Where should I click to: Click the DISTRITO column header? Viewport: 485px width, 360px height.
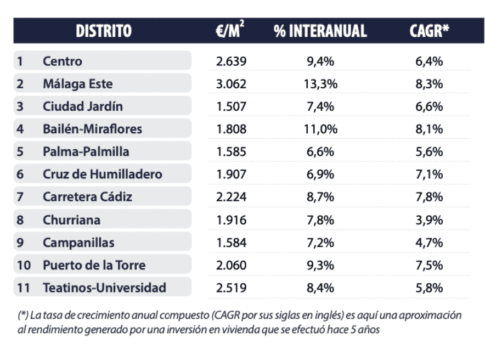(x=104, y=31)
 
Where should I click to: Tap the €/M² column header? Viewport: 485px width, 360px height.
(x=230, y=31)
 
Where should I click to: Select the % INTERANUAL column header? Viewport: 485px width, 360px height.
(x=320, y=31)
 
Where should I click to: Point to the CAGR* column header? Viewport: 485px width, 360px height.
(x=429, y=31)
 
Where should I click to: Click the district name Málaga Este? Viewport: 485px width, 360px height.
(x=78, y=84)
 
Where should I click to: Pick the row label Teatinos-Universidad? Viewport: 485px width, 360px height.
(x=104, y=287)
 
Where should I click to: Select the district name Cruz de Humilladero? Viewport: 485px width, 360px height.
(x=103, y=175)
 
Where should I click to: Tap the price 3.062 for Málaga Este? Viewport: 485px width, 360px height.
(x=232, y=84)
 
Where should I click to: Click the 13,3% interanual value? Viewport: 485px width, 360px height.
(x=320, y=84)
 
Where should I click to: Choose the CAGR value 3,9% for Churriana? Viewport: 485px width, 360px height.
(x=429, y=220)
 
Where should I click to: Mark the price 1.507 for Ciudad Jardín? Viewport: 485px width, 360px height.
(x=232, y=106)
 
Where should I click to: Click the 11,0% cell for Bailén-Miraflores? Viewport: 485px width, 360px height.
(x=320, y=130)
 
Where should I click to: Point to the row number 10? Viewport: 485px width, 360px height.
(x=23, y=265)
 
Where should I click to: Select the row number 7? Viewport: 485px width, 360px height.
(x=20, y=197)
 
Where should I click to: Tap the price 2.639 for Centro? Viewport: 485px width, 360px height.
(x=232, y=61)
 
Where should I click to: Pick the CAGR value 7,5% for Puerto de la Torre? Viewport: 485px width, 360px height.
(x=429, y=265)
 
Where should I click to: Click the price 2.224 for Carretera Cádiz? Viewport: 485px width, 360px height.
(x=232, y=197)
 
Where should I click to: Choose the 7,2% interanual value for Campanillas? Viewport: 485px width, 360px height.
(x=320, y=242)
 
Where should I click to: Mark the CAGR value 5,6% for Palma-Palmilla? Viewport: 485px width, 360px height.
(x=429, y=152)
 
